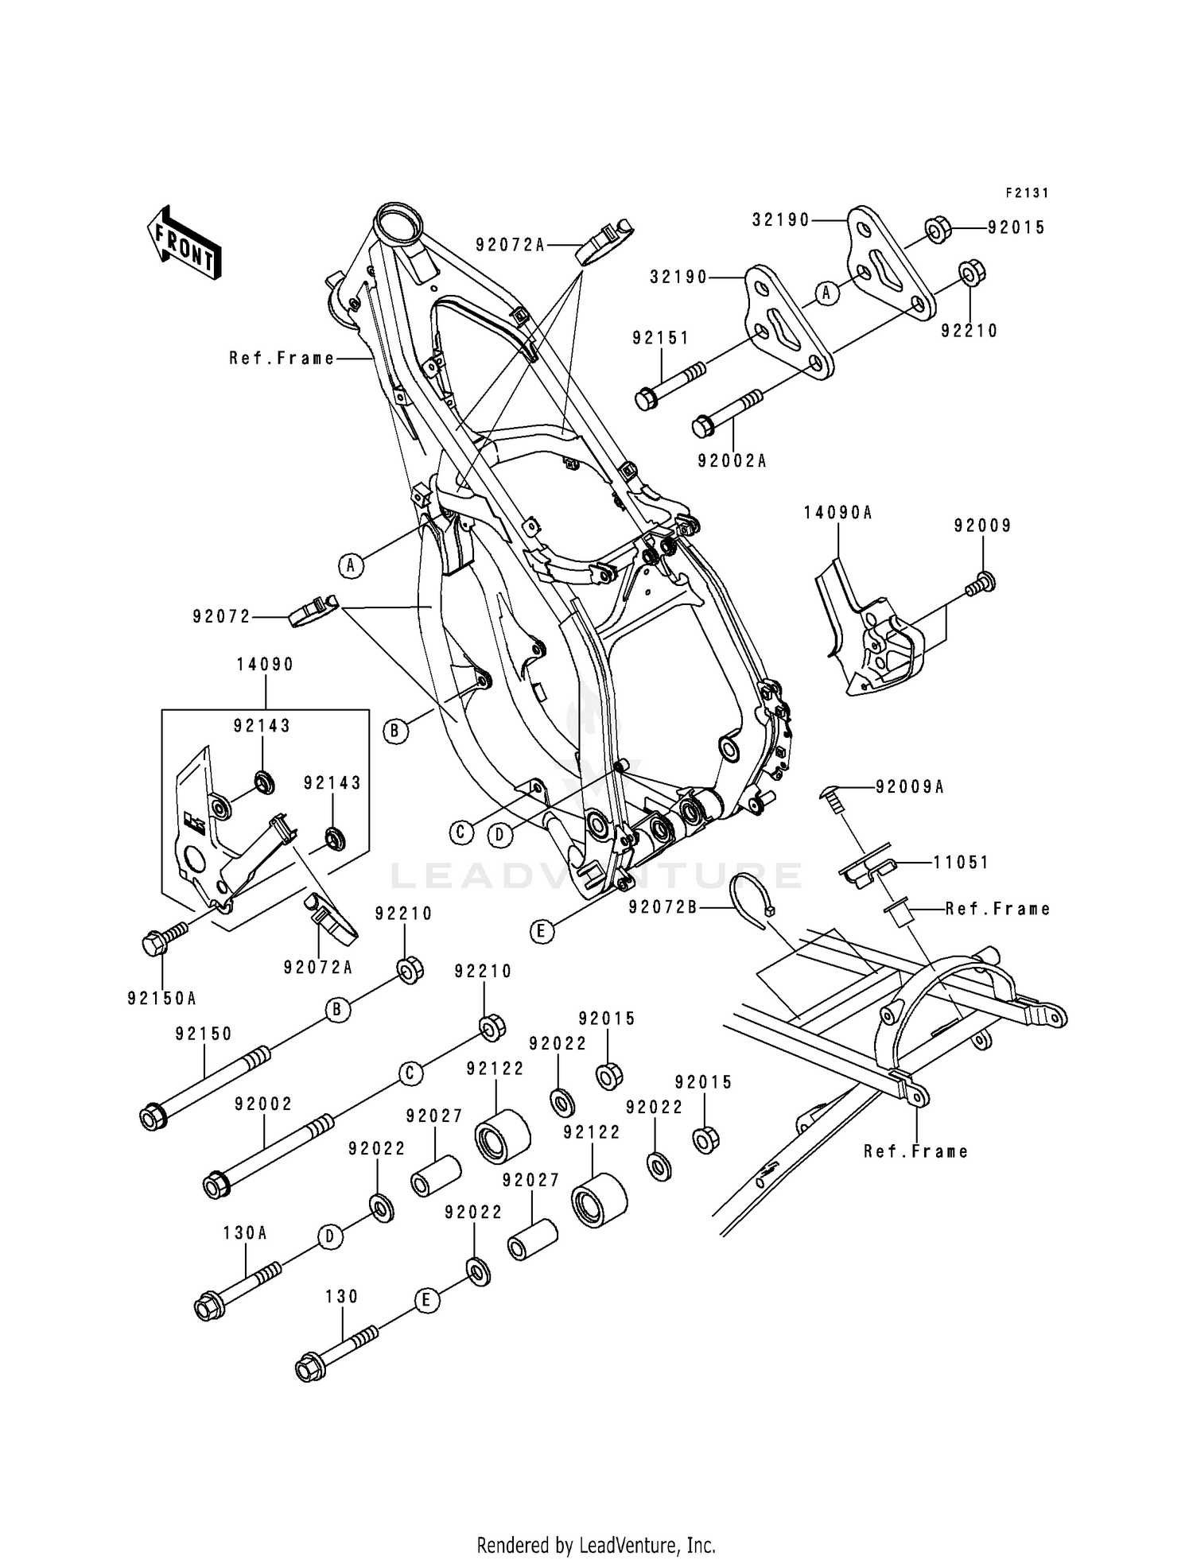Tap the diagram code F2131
coord(1027,193)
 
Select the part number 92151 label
coord(661,338)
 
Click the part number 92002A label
coord(733,461)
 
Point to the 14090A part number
coord(837,514)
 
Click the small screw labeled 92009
coord(985,584)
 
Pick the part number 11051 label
coord(961,863)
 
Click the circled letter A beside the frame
coord(350,566)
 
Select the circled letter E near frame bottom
coord(541,931)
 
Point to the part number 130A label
coord(245,1233)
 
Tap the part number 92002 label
coord(264,1104)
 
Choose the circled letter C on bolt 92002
coord(410,1073)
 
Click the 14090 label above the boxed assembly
coord(265,665)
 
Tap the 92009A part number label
coord(910,787)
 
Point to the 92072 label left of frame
coord(221,616)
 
